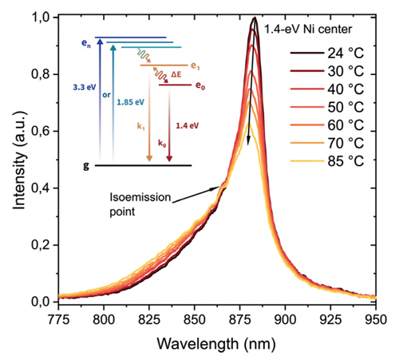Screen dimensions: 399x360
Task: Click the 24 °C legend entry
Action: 327,53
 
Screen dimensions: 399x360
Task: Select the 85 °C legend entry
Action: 327,161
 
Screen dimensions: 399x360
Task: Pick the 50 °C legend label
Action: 346,107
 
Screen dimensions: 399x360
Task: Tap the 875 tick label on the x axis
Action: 240,319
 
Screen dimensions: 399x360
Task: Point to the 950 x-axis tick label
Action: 375,319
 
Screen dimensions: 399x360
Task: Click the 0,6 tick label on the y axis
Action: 41,132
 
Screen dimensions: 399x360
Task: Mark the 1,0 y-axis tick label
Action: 41,18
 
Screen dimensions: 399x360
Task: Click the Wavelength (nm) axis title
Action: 216,343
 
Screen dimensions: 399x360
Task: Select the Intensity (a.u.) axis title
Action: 19,160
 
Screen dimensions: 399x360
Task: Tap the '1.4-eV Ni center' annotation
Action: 308,29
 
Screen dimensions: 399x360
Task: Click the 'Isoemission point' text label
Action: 140,204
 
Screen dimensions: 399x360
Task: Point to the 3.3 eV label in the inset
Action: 85,87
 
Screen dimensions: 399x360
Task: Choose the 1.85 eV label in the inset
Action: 131,102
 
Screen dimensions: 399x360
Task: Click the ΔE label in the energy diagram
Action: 176,74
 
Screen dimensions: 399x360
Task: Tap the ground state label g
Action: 86,166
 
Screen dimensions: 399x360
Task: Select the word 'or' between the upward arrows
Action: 106,95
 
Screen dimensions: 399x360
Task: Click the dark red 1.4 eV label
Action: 188,125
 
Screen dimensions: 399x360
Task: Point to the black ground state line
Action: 144,165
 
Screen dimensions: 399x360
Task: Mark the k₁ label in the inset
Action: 141,126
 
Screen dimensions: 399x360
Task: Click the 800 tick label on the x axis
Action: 104,319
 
